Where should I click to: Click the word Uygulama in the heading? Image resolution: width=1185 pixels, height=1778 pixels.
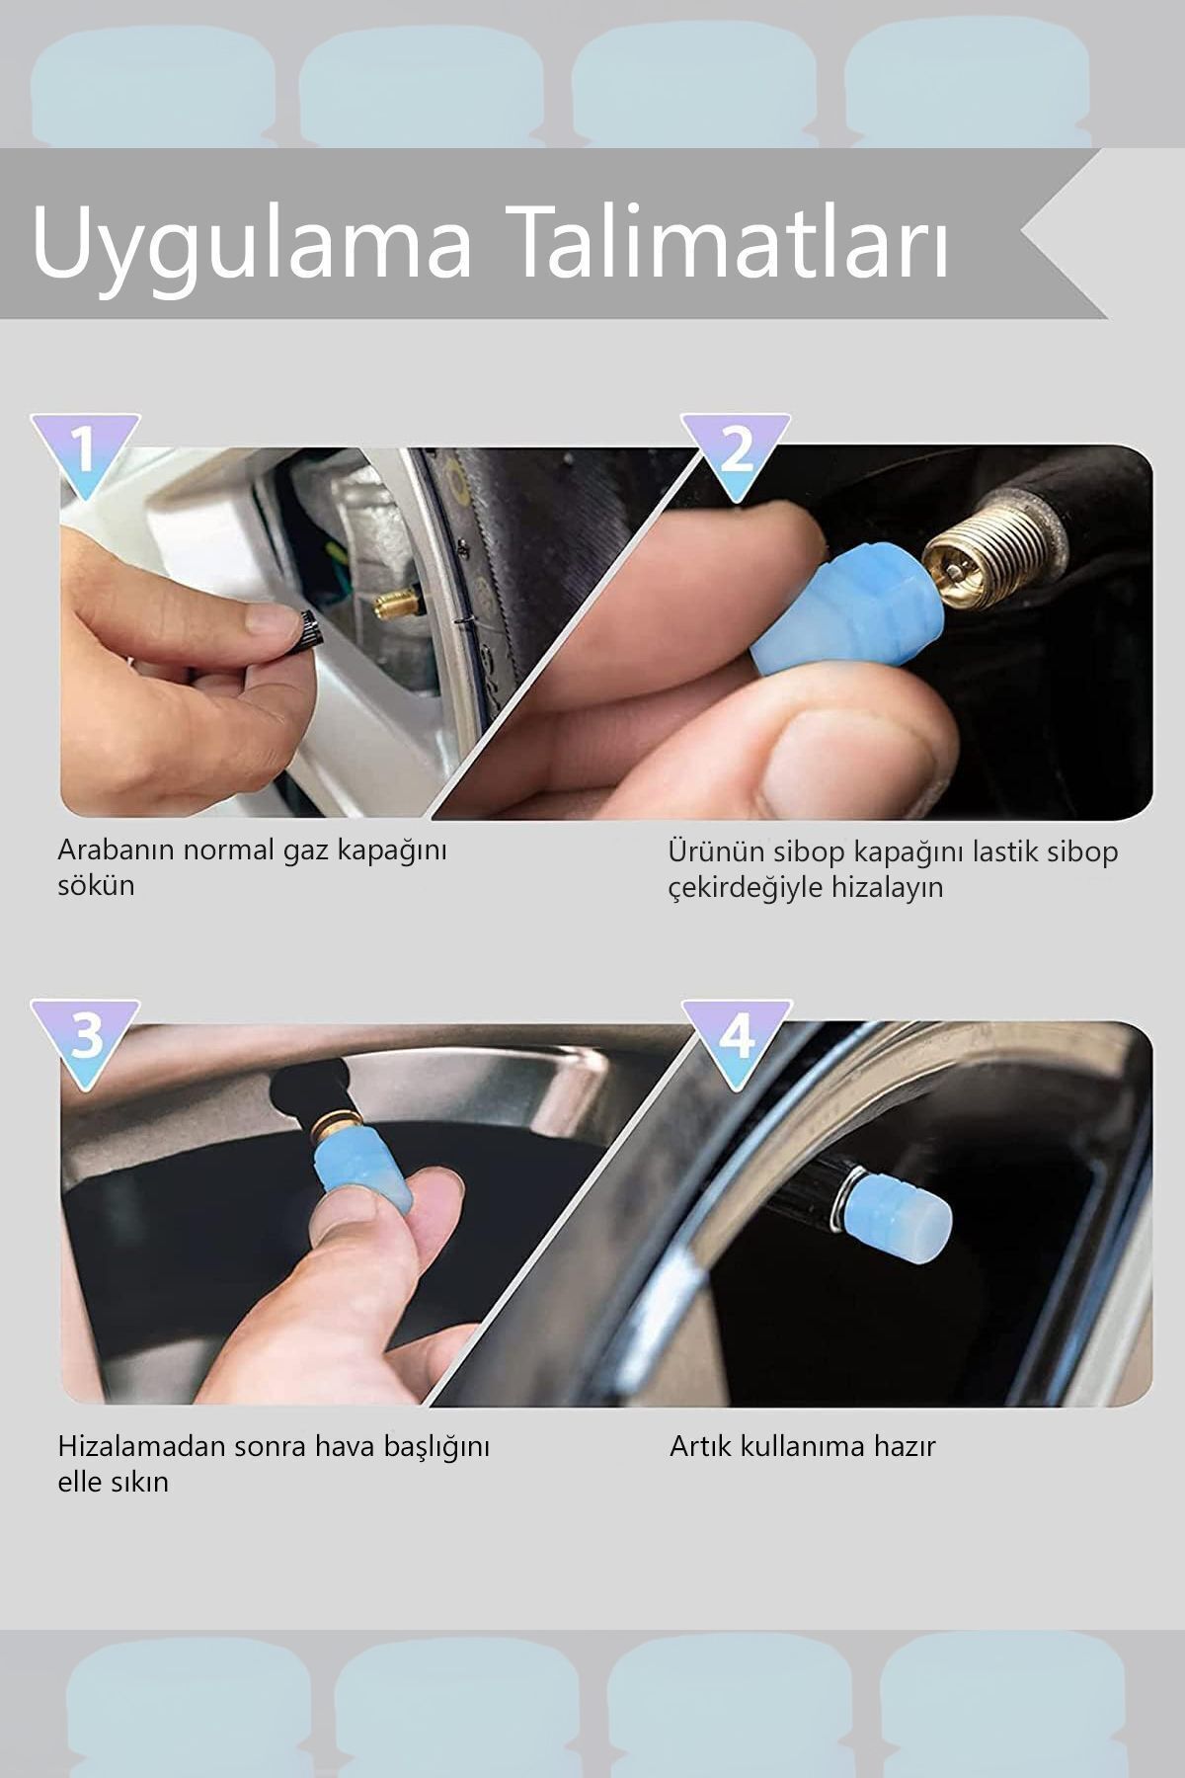[253, 244]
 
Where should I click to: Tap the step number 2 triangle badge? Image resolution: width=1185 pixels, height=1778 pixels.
[737, 452]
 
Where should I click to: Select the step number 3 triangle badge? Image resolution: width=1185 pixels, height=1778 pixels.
[85, 1038]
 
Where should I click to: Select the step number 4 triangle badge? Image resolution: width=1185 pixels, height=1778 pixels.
[737, 1038]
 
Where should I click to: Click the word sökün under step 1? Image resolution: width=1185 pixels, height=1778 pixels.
[96, 885]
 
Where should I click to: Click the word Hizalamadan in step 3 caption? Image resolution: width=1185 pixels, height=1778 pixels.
[143, 1446]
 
